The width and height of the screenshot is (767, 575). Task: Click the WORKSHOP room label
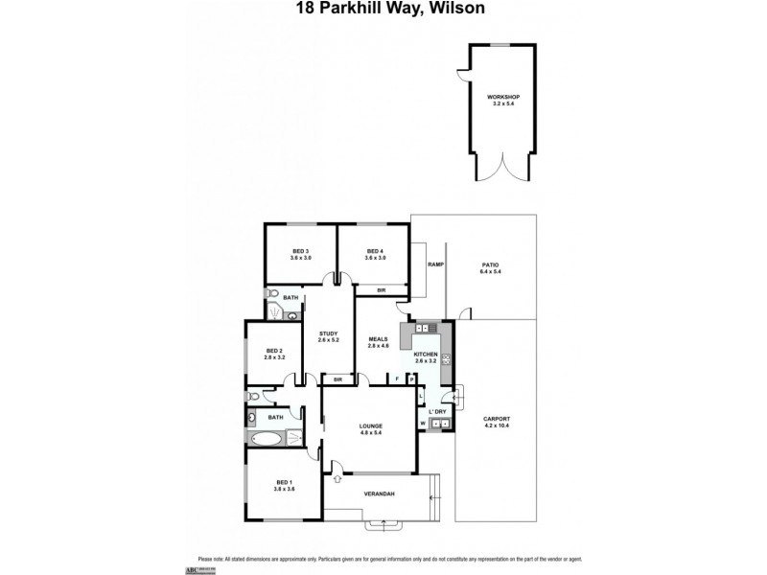497,97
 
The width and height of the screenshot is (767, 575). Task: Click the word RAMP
435,264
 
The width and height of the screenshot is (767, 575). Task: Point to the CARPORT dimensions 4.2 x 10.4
497,426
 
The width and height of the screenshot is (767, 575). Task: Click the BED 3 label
301,251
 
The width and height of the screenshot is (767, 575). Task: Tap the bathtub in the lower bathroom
266,439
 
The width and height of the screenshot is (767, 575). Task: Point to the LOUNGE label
371,425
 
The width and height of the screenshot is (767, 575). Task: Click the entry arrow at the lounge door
337,467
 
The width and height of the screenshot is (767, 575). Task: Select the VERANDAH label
380,494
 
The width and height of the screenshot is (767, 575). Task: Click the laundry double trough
439,423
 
